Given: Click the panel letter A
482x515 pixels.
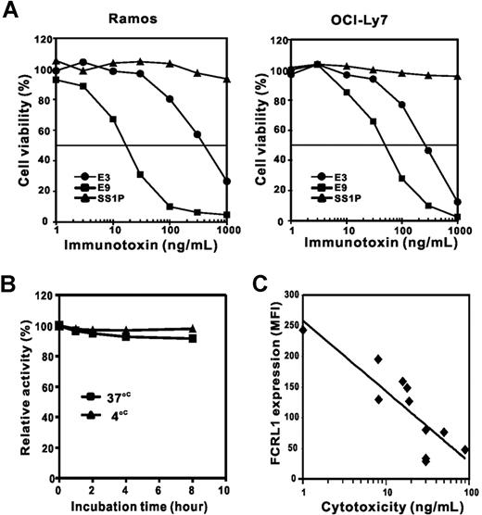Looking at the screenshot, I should click(x=13, y=12).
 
